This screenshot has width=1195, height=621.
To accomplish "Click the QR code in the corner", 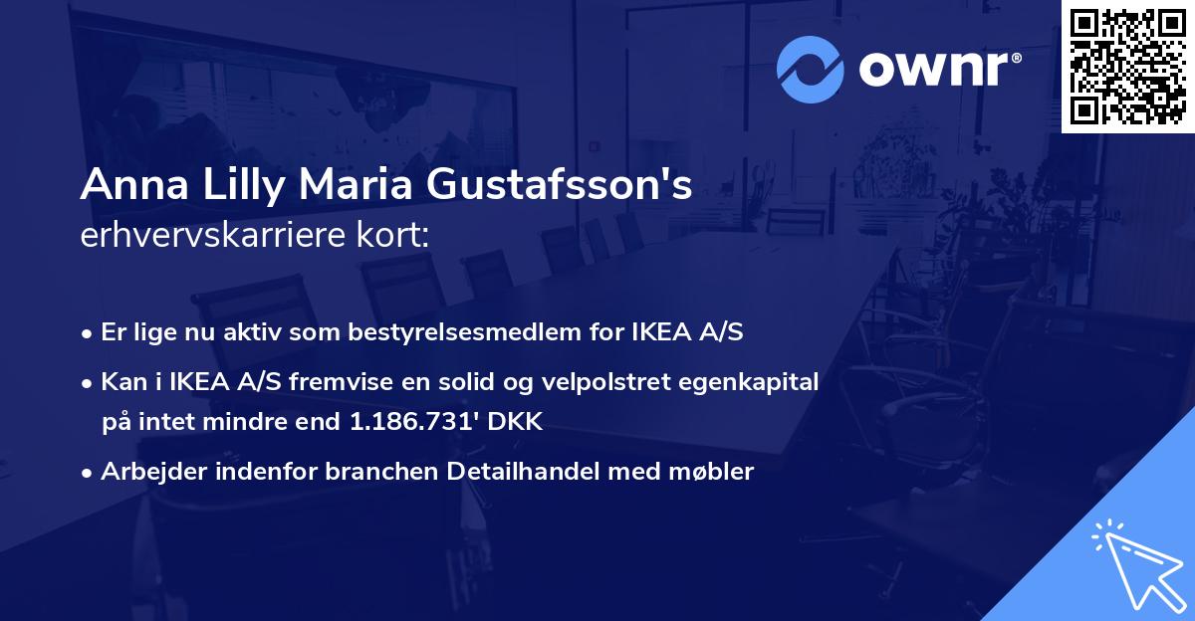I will pos(1127,67).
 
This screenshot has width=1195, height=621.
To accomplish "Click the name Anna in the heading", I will pos(123,185).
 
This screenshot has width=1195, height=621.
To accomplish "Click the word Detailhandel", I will pos(514,471).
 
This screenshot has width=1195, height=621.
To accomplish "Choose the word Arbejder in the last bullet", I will pos(145,471).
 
